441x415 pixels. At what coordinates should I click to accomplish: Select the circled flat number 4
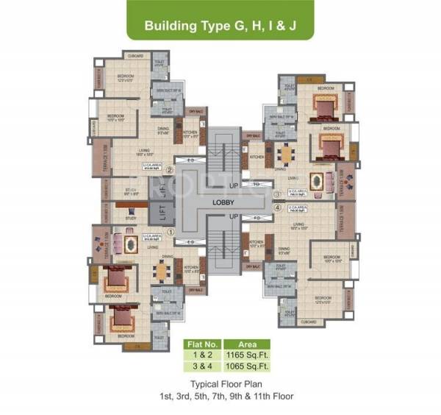(276, 207)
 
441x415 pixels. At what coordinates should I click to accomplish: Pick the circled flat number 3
(276, 194)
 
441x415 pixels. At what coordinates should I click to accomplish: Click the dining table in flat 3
(286, 155)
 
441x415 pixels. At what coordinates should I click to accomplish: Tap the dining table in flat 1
(160, 271)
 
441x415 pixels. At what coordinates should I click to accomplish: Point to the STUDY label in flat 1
(130, 218)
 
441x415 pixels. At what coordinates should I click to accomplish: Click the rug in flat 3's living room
(318, 181)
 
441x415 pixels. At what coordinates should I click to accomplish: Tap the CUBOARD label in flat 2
(135, 55)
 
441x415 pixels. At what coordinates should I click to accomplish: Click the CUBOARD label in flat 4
(309, 322)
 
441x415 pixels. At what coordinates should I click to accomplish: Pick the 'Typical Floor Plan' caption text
(241, 385)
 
